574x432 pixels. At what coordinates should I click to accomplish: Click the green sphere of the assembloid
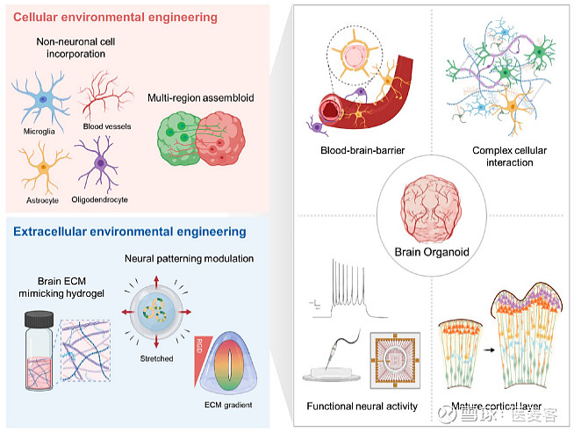pos(179,133)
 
